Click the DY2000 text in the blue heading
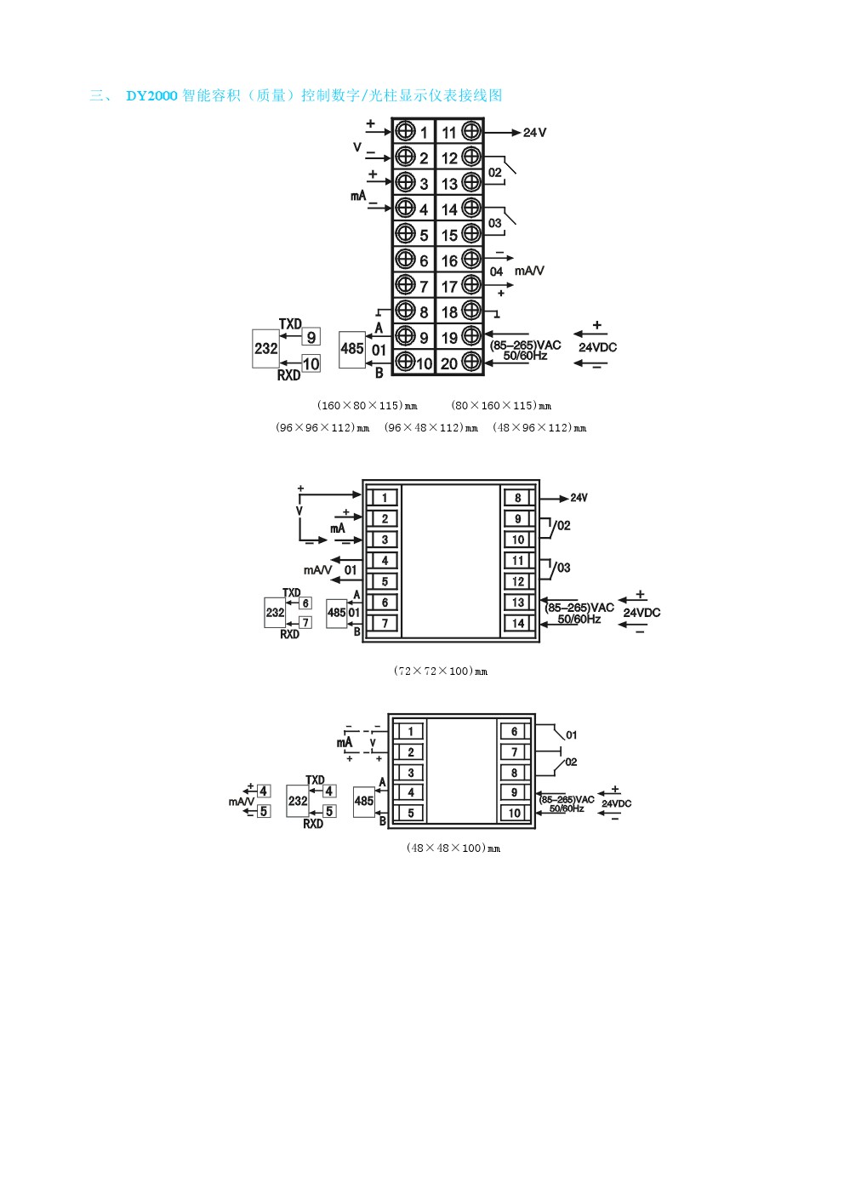151,96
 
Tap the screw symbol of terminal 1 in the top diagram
406,131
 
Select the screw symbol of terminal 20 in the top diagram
471,362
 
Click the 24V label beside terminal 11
534,133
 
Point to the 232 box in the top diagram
265,348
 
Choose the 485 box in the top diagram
351,348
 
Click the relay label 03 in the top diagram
495,223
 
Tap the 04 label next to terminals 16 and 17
496,271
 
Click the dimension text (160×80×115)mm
368,406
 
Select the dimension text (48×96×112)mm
539,428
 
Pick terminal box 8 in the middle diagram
517,498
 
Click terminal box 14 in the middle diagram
517,623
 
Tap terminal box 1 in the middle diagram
384,498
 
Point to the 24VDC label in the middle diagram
642,613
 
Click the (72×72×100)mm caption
441,671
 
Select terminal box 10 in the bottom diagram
514,814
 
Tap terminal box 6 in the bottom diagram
514,731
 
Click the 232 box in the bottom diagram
297,801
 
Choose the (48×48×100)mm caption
453,848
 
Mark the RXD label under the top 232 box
288,375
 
